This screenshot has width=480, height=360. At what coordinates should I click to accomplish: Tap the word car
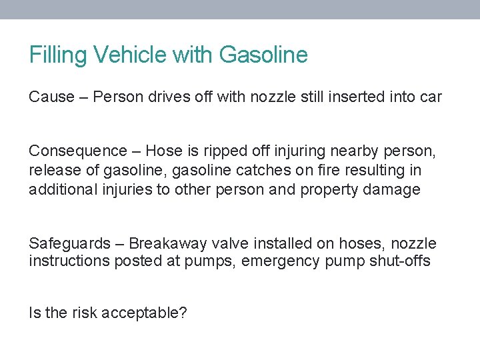coord(430,97)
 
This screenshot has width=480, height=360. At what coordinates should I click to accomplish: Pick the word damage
coord(392,190)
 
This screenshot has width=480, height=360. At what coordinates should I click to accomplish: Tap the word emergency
coord(281,261)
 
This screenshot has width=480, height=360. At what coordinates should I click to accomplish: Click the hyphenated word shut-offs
coord(397,261)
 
